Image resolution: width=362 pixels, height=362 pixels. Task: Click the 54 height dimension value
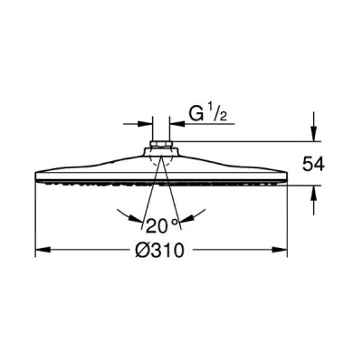click(313, 165)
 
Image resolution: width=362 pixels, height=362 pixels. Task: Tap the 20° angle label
click(162, 225)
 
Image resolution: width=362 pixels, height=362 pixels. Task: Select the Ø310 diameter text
click(159, 251)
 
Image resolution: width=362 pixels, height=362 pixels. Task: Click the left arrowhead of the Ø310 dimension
click(43, 250)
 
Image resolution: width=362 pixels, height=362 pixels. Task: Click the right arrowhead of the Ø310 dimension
click(280, 250)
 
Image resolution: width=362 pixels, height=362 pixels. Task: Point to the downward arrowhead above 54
click(314, 134)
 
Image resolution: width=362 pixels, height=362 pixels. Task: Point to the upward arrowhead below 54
click(314, 193)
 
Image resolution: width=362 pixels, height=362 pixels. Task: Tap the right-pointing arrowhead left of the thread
click(145, 124)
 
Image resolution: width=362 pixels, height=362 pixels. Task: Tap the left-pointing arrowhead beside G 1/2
click(177, 124)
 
